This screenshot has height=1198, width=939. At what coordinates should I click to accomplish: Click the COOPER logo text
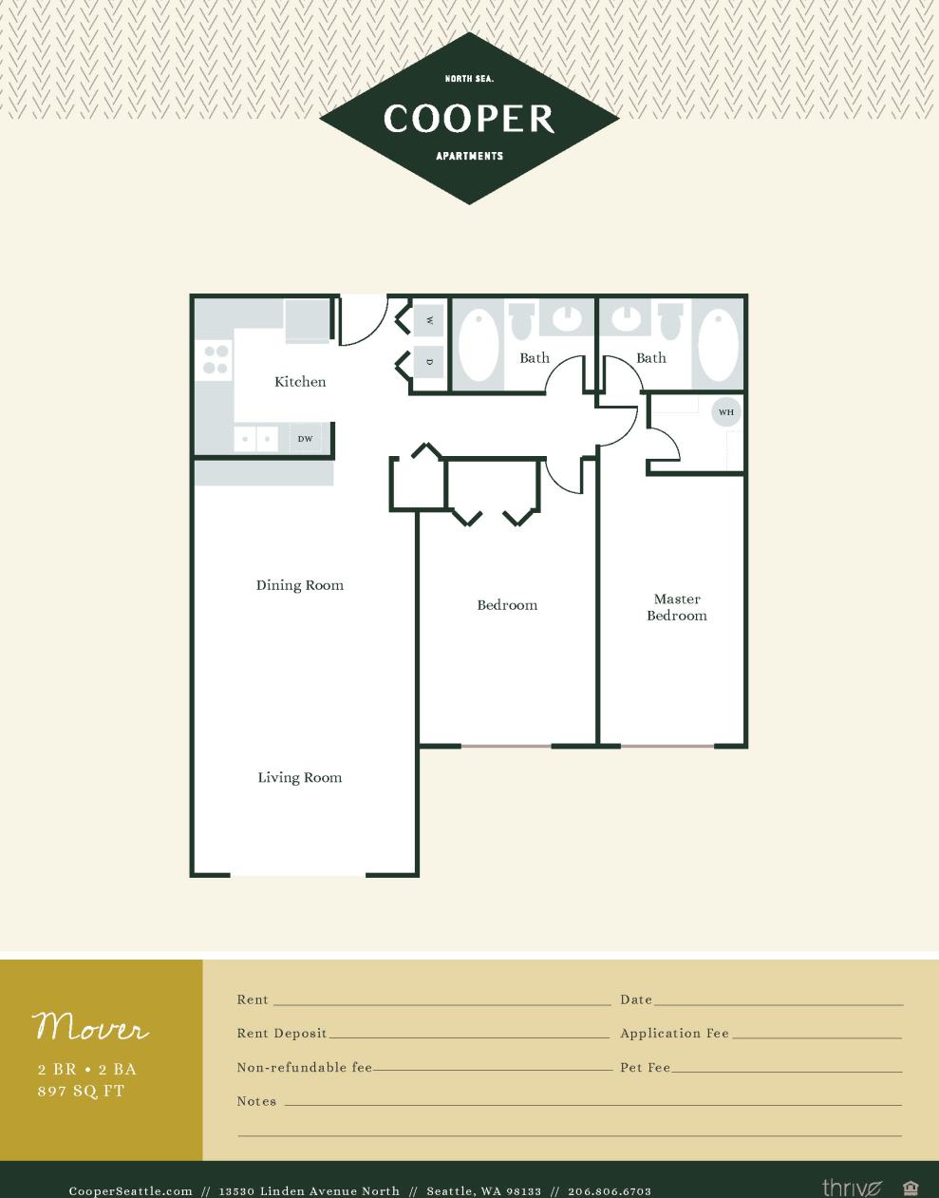click(x=469, y=119)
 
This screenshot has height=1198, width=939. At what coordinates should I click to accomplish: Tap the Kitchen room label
click(x=300, y=382)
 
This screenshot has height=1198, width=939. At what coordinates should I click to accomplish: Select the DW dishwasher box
click(x=305, y=439)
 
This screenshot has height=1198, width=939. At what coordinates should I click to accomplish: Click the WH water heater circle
click(x=726, y=412)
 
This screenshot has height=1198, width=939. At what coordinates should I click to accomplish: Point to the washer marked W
click(x=429, y=320)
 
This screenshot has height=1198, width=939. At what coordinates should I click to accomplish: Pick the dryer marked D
click(x=429, y=362)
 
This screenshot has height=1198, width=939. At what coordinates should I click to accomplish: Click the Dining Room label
click(x=300, y=585)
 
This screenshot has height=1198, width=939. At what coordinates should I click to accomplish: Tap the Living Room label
click(x=300, y=777)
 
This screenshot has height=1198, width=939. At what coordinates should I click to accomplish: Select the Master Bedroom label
click(x=677, y=607)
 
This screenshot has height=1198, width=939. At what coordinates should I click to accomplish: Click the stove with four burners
click(x=216, y=359)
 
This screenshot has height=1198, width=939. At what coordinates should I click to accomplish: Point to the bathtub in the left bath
click(x=479, y=343)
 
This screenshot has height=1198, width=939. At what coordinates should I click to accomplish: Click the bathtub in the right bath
click(x=719, y=343)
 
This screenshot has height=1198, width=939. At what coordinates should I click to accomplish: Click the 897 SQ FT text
click(x=81, y=1091)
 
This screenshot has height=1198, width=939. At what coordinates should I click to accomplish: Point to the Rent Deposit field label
click(x=282, y=1034)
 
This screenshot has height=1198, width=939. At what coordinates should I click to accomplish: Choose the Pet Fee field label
click(x=646, y=1068)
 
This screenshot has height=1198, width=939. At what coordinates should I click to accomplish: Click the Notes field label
click(x=256, y=1101)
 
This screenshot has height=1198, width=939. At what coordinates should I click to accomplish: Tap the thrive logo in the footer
click(x=852, y=1188)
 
